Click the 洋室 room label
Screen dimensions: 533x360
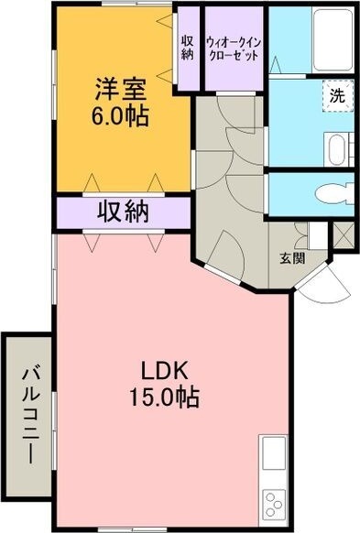[x=122, y=91]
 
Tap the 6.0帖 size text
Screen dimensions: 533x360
[x=122, y=116]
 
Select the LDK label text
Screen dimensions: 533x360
[x=164, y=371]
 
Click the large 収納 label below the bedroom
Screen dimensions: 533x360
[x=124, y=212]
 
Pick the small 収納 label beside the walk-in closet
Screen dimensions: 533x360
[x=187, y=47]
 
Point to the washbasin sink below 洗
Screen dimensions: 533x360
[x=335, y=147]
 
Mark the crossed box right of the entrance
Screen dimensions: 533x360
[x=344, y=234]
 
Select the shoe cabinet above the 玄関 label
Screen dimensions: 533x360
[x=316, y=234]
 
